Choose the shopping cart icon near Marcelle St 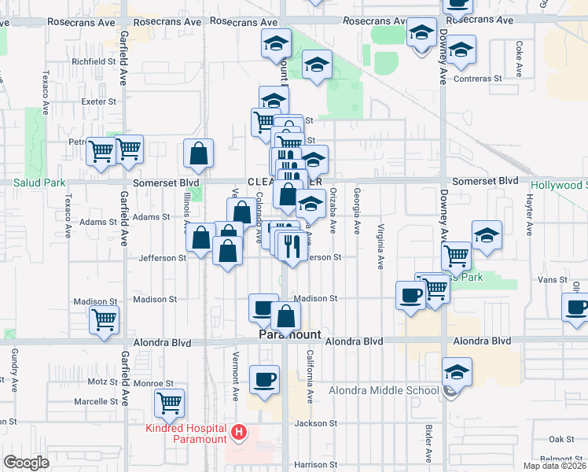point(169,403)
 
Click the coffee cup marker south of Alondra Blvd point(264,380)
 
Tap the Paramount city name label point(290,334)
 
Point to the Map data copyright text point(555,466)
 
